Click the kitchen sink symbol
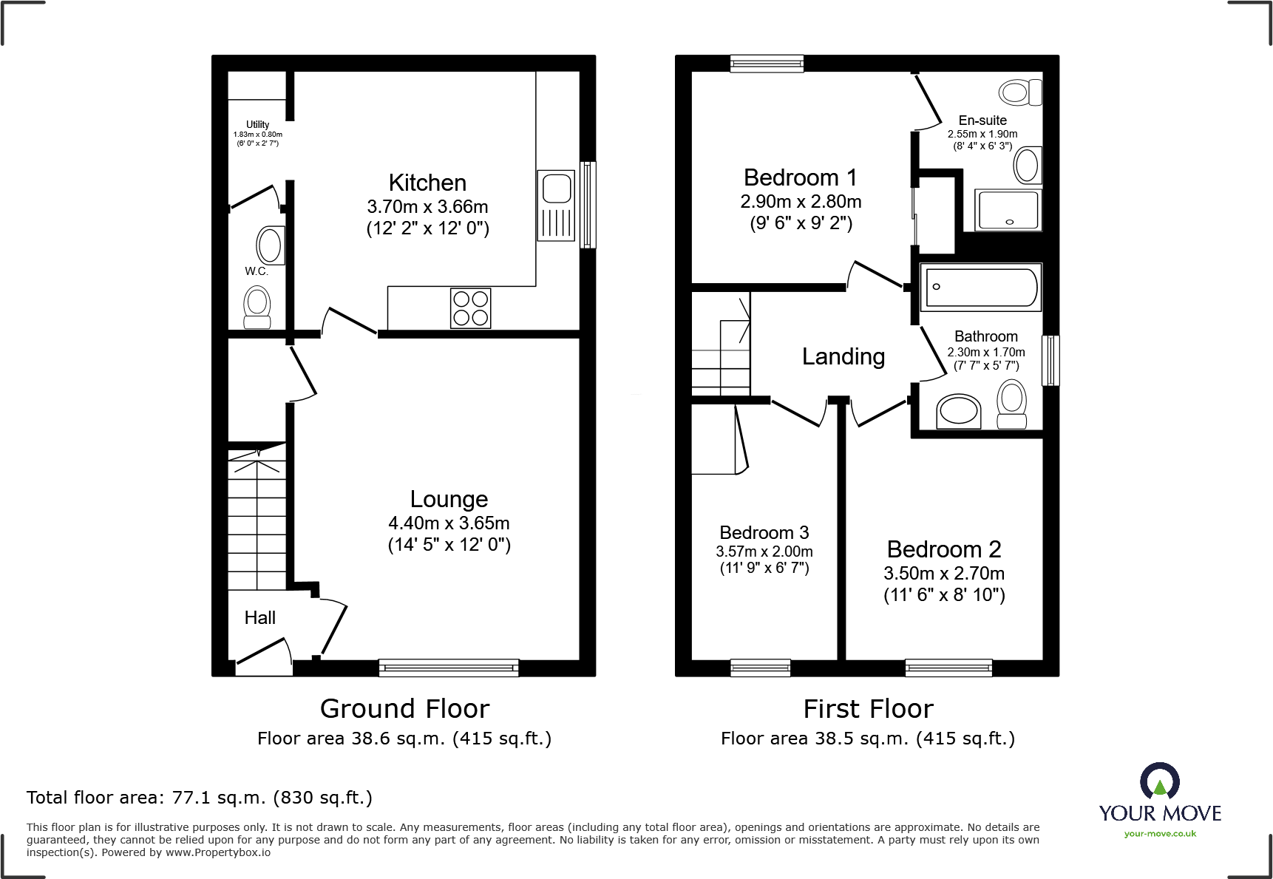pos(556,205)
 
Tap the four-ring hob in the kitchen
pos(470,308)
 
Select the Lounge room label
pos(449,500)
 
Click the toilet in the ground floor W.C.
pos(257,307)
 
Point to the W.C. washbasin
pos(270,245)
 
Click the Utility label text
pos(257,124)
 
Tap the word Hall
pos(259,618)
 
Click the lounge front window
pos(449,668)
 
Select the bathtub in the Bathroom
pos(980,287)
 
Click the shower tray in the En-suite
pos(1008,210)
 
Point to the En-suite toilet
pos(1020,92)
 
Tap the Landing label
pos(843,357)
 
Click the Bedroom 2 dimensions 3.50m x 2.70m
pos(943,574)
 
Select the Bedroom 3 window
pos(760,668)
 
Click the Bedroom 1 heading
pos(800,178)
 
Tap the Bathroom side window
pos(1050,361)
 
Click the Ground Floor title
pos(404,709)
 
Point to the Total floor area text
pos(199,798)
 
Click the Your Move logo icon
pos(1159,781)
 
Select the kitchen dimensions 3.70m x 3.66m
pos(427,207)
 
